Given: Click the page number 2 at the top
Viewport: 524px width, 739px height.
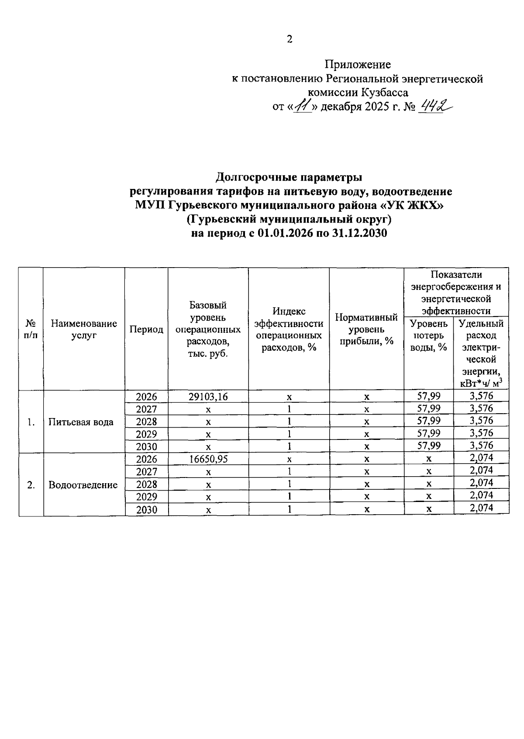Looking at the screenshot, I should point(290,39).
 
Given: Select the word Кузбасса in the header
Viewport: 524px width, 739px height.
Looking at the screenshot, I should point(385,93).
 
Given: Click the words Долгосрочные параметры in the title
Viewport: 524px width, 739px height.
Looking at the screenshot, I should point(289,178).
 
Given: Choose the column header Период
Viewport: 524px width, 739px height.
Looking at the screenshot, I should point(146,329).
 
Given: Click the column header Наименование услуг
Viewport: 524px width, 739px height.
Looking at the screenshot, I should point(84,329).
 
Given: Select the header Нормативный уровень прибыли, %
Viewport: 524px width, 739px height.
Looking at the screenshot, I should point(366,329).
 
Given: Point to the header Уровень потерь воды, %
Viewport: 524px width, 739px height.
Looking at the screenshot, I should point(429,335).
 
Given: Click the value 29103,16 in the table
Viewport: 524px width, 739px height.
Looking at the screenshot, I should point(208,397).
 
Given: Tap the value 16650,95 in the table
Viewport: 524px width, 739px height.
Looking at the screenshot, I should point(208,459).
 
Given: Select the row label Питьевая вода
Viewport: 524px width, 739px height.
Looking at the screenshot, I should point(81,422).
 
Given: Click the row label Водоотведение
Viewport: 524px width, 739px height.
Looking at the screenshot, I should point(83,485).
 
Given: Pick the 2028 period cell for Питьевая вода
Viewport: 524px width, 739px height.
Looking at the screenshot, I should point(146,422).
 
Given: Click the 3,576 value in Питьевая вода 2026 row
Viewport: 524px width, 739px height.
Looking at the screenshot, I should point(481,396).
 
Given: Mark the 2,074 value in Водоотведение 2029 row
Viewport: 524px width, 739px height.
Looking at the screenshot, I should point(481,495).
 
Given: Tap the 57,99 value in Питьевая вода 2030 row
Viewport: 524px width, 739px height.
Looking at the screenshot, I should point(429,446).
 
